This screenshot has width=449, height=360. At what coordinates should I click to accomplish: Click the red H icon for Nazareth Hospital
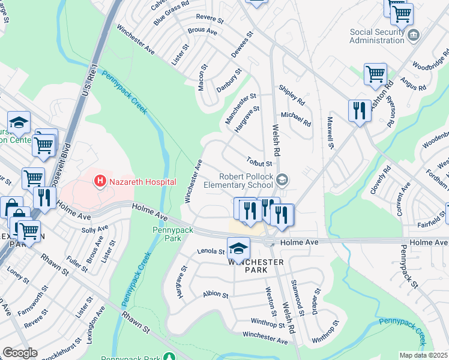(100, 180)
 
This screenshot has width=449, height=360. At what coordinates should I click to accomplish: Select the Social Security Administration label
(378, 36)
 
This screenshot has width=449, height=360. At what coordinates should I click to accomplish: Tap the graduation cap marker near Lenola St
(238, 247)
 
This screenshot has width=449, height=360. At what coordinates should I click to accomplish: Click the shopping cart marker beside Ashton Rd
(375, 74)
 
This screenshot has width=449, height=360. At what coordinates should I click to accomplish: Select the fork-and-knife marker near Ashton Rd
(360, 110)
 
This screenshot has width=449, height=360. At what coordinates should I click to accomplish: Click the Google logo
(20, 353)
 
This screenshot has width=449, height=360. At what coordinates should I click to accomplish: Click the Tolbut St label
(260, 162)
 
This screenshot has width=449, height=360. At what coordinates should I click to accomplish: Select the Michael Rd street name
(296, 119)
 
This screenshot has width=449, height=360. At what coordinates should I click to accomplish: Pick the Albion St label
(215, 295)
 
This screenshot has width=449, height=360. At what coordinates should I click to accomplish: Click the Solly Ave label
(95, 230)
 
